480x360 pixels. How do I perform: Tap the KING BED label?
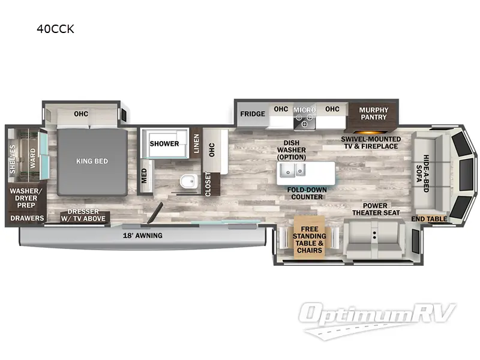(x=91, y=161)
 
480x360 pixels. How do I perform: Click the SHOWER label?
(x=164, y=144)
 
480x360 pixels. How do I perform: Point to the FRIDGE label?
(x=253, y=114)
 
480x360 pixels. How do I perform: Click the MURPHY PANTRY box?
(x=373, y=113)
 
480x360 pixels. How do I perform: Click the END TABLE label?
(x=429, y=219)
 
